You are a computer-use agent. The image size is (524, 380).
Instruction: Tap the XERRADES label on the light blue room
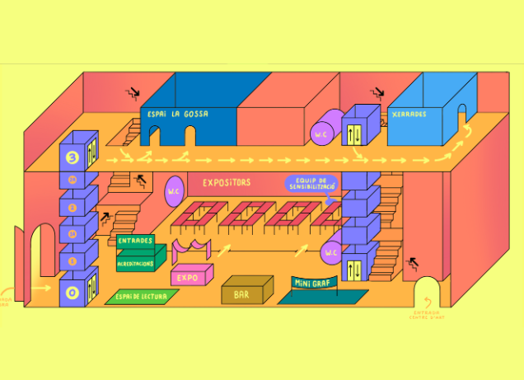[409, 115]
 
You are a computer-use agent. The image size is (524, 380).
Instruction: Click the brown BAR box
[246, 290]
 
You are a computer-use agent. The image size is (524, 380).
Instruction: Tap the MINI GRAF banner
[315, 284]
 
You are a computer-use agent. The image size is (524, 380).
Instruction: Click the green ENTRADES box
[136, 241]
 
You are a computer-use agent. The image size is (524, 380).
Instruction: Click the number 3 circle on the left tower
[71, 157]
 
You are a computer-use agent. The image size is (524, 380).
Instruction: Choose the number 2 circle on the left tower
[72, 208]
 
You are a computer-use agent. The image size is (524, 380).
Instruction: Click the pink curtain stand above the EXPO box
[191, 248]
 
